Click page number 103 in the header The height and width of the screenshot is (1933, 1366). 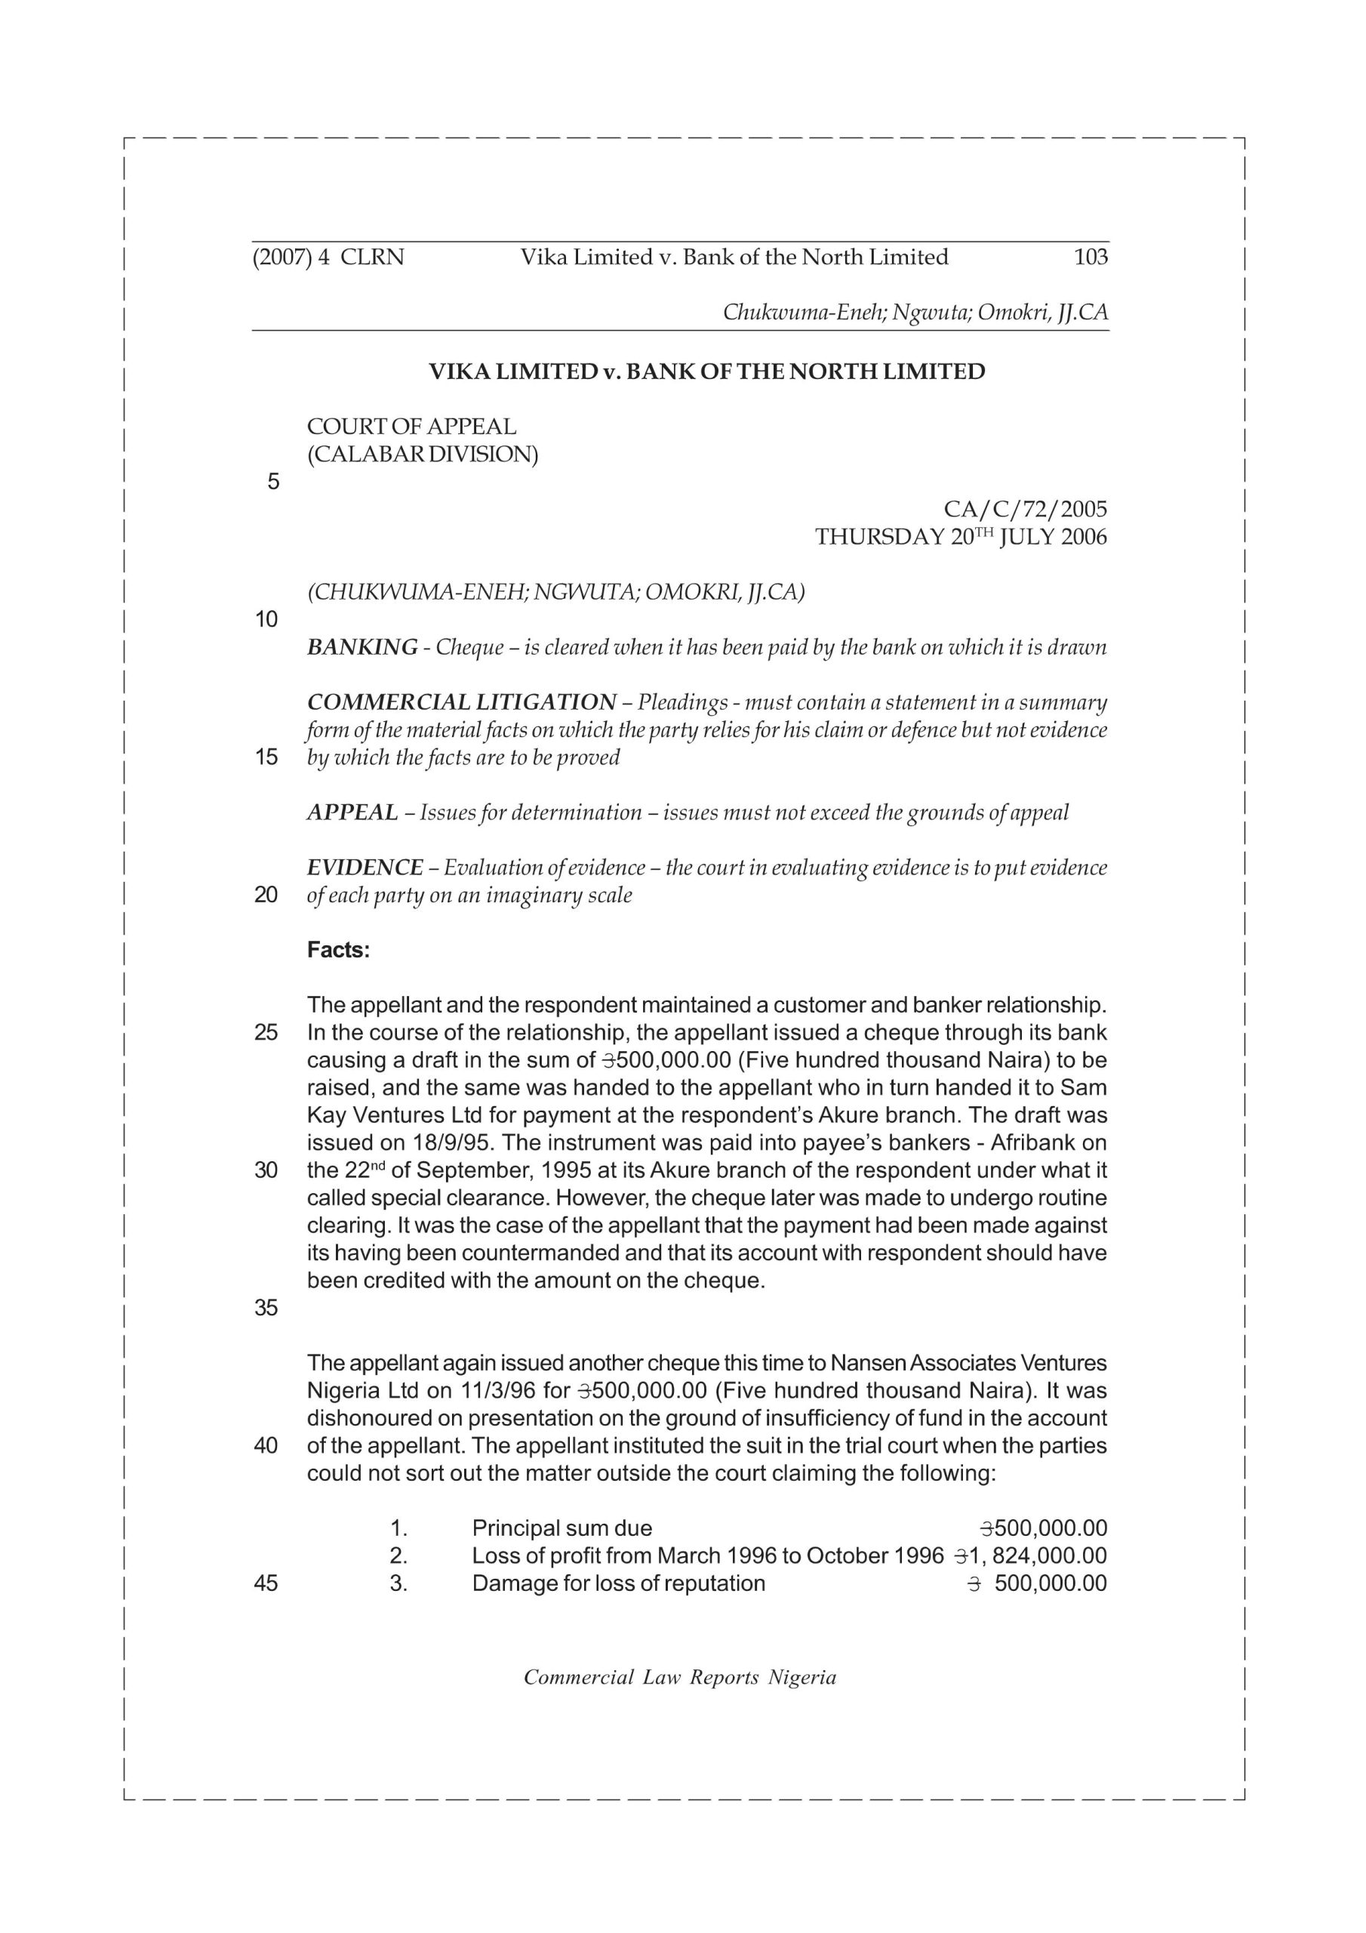click(1091, 257)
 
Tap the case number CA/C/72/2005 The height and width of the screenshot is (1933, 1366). click(1025, 510)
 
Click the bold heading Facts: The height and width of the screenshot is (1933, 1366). click(338, 950)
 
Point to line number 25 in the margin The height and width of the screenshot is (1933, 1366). click(266, 1033)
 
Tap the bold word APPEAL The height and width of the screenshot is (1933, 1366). click(352, 812)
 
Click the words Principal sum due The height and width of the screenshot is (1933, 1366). click(561, 1528)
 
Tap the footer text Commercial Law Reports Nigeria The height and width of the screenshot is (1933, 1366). click(680, 1678)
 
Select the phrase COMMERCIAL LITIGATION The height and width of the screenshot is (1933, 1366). click(461, 702)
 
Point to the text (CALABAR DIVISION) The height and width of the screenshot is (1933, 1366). click(423, 455)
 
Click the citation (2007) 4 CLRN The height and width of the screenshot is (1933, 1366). click(328, 257)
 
